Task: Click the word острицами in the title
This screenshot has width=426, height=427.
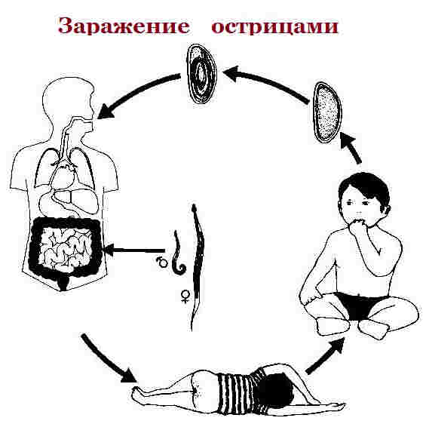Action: (274, 25)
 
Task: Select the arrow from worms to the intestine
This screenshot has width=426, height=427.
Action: (136, 249)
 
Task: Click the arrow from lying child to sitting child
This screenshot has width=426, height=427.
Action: (326, 355)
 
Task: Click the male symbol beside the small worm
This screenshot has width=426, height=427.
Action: (161, 263)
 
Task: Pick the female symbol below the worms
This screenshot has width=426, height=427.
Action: (183, 298)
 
